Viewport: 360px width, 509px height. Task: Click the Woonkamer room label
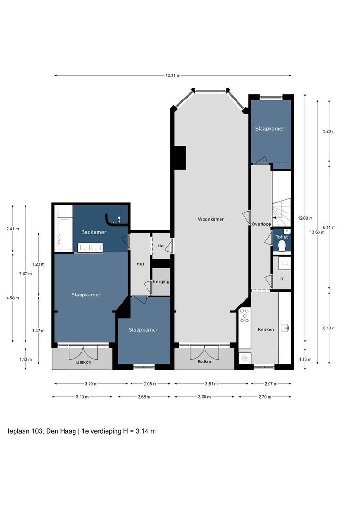coord(211,219)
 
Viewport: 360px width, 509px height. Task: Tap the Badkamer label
coord(93,232)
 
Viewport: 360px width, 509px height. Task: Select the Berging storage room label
coord(161,282)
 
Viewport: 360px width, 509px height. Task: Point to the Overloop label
coord(261,224)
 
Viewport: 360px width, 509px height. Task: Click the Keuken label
coord(266,330)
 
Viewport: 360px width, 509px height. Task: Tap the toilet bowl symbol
coord(282,246)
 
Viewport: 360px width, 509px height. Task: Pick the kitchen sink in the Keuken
coord(285,328)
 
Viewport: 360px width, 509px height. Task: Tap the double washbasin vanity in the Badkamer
coord(90,247)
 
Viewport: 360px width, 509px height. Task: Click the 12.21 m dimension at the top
coord(172,75)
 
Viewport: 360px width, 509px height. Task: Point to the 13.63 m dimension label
coord(317,232)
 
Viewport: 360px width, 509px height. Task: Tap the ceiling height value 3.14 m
coord(146,431)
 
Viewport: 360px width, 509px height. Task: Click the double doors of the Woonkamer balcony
coord(205,353)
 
